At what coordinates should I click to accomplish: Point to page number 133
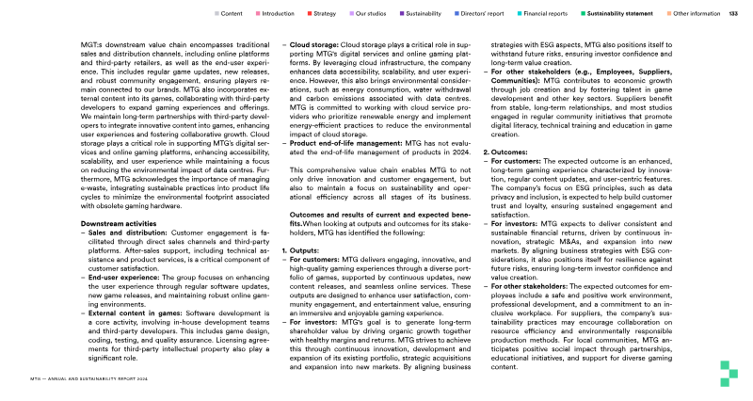coord(734,14)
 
